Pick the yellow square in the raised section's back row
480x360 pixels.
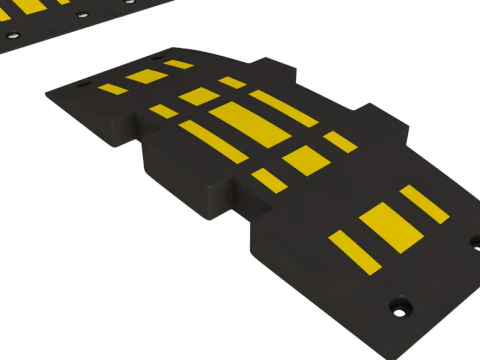coord(199,96)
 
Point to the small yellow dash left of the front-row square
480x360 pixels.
coord(267,179)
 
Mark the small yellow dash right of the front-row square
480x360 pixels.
coord(340,141)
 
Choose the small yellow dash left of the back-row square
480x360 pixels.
coord(163,111)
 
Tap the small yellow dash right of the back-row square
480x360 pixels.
coord(232,82)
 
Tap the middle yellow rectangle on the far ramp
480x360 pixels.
coord(147,77)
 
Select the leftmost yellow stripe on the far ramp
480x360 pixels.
coord(113,89)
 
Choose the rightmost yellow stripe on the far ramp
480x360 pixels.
coord(179,65)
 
